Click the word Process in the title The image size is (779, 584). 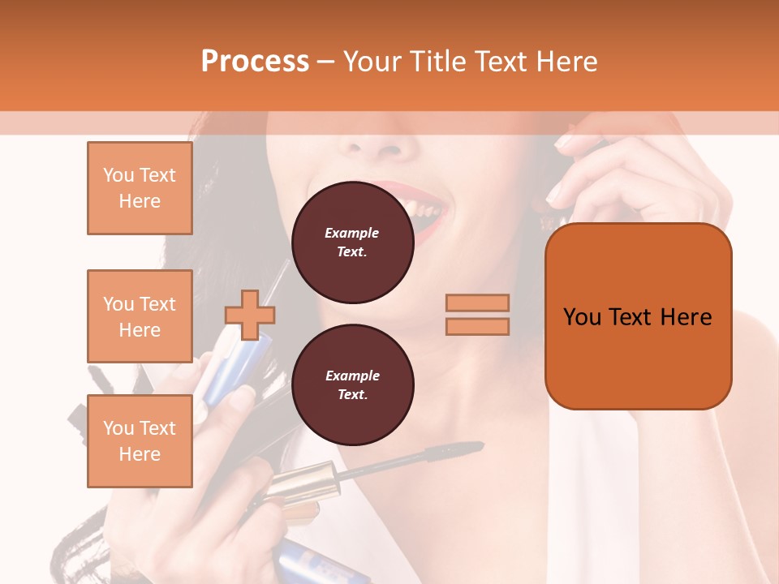[255, 62]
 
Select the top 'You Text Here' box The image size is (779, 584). [140, 188]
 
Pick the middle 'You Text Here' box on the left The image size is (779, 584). [140, 316]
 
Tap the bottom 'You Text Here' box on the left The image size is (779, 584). [140, 441]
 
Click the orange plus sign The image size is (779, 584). [250, 315]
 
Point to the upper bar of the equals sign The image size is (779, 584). [477, 303]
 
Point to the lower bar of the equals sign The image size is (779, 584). [477, 326]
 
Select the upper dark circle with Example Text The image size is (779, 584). [352, 243]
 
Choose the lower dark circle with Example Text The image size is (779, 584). [352, 385]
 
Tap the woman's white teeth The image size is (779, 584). [426, 213]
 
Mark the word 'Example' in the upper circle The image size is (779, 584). [352, 233]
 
